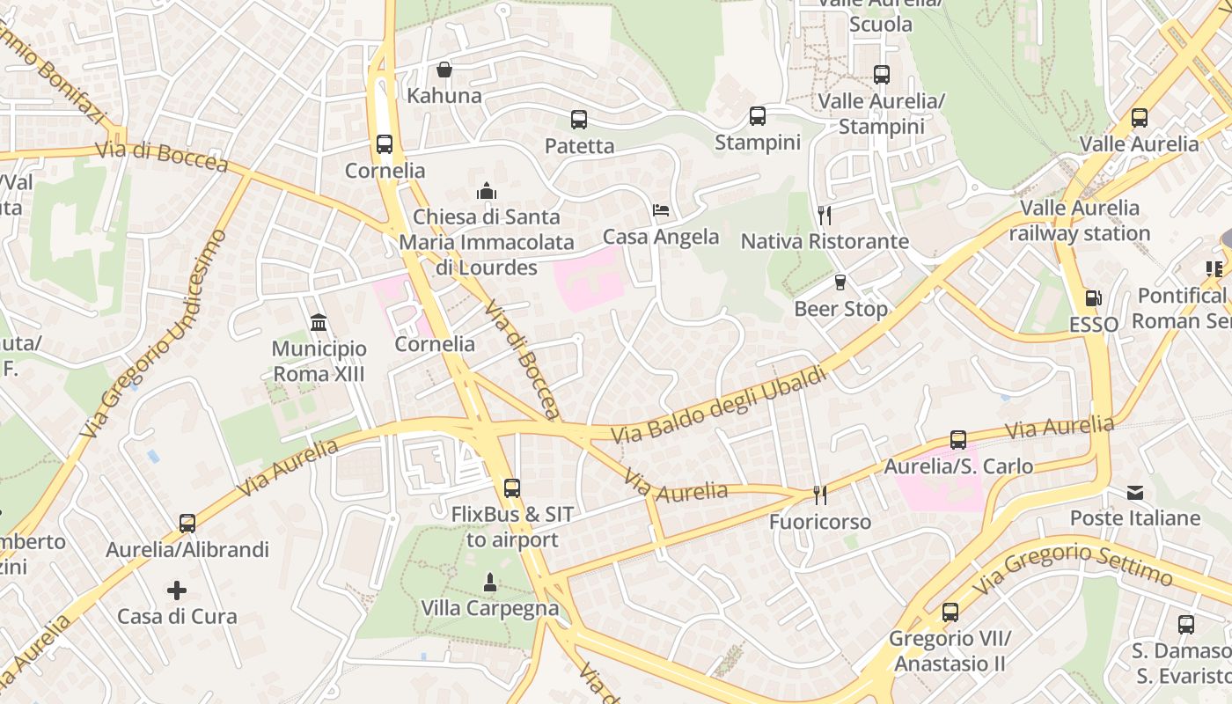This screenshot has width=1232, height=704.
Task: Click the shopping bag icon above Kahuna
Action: pos(444,69)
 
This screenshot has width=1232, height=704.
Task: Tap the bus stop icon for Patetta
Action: pos(578,119)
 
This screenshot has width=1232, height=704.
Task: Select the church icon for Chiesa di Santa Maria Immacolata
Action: pos(486,190)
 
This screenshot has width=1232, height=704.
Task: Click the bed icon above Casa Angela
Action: pos(661,210)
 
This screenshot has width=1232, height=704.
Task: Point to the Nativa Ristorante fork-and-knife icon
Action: pos(825,215)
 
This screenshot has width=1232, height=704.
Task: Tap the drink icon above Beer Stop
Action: pos(840,282)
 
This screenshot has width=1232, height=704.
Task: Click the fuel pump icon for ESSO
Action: pos(1093,298)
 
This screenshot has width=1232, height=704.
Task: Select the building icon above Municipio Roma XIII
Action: pos(319,322)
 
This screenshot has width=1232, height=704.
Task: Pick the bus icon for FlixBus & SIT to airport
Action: pos(511,488)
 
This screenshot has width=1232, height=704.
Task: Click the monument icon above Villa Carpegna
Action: pos(489,582)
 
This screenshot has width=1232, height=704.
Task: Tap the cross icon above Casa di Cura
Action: pos(177,590)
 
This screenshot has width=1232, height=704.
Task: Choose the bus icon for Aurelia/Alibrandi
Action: pos(187,524)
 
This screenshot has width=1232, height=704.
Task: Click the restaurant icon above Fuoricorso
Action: pos(820,495)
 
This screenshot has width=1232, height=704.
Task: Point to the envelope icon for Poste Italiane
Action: pos(1135,492)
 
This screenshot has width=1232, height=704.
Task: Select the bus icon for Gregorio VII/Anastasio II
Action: pos(950,612)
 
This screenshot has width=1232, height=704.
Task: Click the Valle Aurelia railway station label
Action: pos(1080,221)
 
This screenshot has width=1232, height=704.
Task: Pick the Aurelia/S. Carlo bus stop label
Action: pos(958,466)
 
